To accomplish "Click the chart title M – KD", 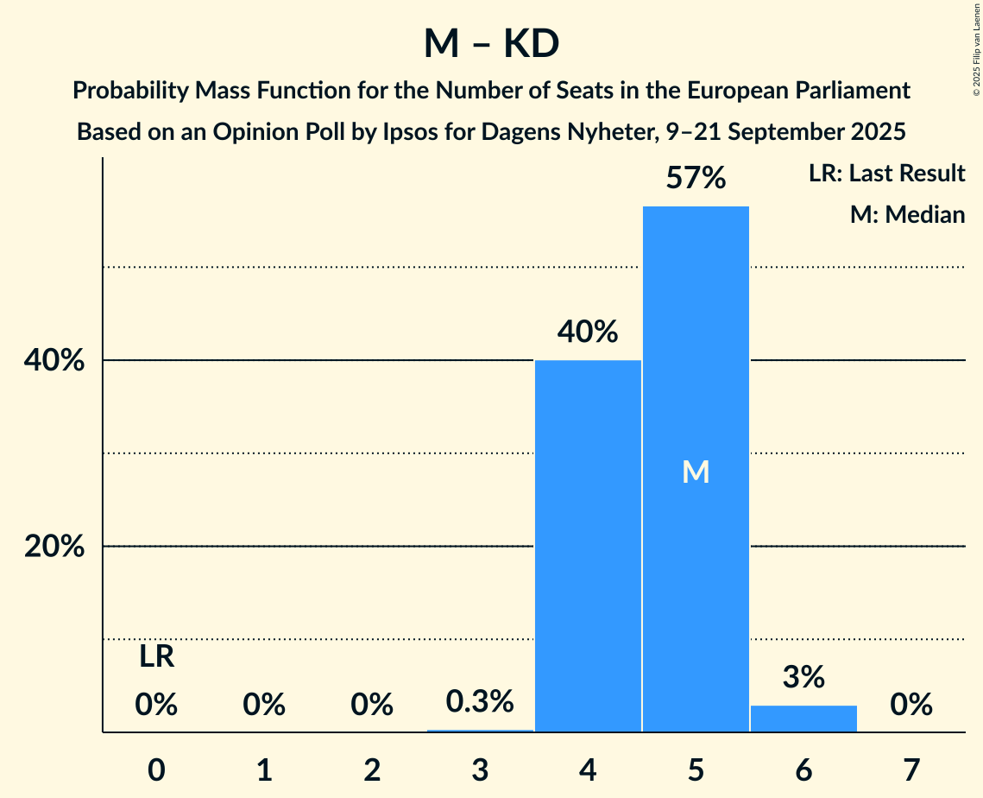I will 491,44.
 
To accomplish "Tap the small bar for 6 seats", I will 803,719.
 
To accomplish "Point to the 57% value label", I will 696,179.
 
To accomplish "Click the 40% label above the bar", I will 588,332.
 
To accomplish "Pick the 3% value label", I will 803,677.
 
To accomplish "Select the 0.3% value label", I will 480,701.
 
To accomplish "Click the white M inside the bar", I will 696,472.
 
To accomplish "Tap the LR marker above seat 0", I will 157,657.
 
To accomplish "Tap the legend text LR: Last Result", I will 886,174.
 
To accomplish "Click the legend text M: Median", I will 907,214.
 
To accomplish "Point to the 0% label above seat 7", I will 911,706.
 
